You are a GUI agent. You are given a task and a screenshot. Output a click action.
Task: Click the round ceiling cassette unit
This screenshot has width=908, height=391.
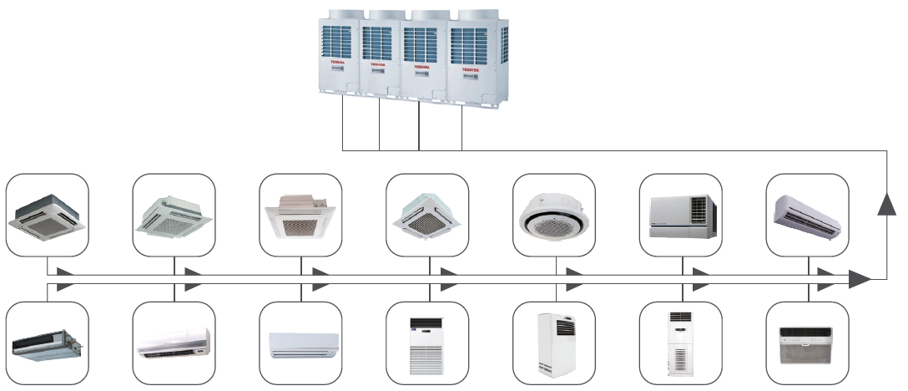554,216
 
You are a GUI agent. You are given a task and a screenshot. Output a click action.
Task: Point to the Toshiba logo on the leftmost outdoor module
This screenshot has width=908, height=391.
336,63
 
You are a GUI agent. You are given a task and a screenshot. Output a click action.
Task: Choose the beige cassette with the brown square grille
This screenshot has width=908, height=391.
300,216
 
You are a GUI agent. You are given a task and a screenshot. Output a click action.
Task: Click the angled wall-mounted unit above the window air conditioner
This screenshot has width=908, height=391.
807,213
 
